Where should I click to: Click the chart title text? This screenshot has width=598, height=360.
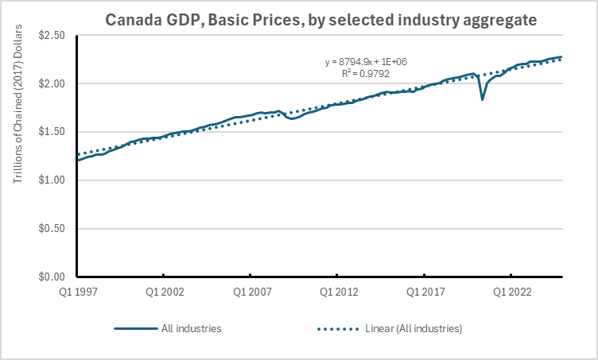pyautogui.click(x=298, y=18)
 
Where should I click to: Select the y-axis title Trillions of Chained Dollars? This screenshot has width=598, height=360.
pyautogui.click(x=17, y=156)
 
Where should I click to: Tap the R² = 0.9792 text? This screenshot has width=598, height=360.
pyautogui.click(x=366, y=73)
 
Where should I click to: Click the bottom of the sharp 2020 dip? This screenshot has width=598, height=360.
pyautogui.click(x=483, y=99)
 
